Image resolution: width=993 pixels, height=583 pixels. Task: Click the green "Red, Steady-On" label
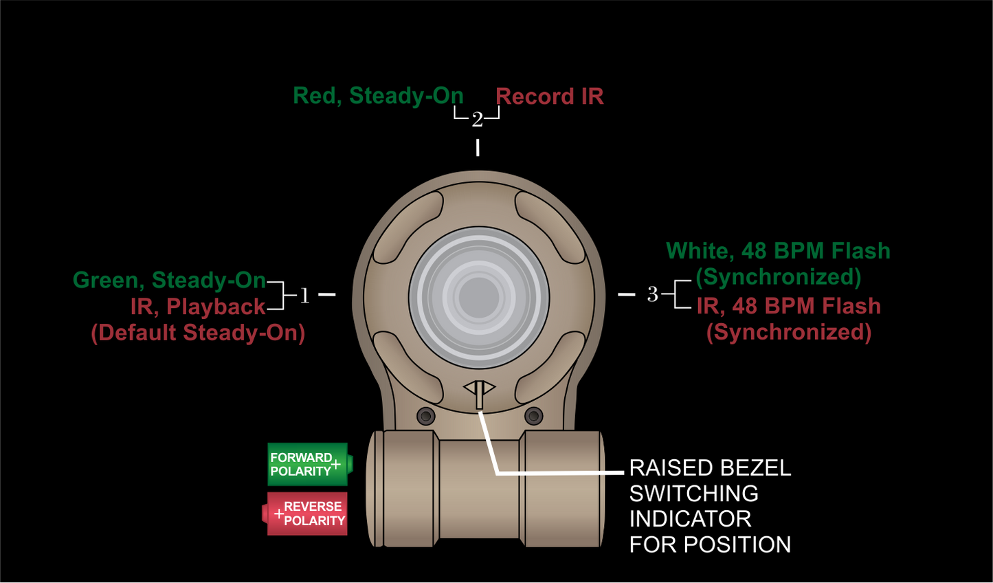coord(378,96)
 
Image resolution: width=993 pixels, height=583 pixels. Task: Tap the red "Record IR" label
coord(550,97)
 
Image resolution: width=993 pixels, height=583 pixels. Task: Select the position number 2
coord(477,120)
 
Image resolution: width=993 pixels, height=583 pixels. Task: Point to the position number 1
coord(304,296)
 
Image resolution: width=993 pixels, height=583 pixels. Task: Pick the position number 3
coord(652,294)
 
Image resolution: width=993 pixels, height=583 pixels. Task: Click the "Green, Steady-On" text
coord(169,280)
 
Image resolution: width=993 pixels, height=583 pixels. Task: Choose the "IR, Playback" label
coord(198,307)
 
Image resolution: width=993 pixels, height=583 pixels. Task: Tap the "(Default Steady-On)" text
coord(198,333)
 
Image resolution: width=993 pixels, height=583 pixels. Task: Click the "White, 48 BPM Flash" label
coord(778,251)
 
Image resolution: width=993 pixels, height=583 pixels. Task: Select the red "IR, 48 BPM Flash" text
coord(788,306)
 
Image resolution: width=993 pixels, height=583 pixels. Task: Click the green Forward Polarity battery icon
coord(309,465)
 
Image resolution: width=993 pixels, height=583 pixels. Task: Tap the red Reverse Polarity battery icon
coord(306,514)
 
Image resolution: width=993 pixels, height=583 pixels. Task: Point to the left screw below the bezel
coord(426,416)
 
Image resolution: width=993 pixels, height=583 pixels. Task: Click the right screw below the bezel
coord(533,416)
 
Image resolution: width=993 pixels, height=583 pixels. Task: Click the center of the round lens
coord(479,298)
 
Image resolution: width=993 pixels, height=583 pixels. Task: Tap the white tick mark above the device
coord(478,147)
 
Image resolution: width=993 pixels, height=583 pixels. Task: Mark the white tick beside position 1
coord(327,294)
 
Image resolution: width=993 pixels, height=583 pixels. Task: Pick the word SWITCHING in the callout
coord(693,494)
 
